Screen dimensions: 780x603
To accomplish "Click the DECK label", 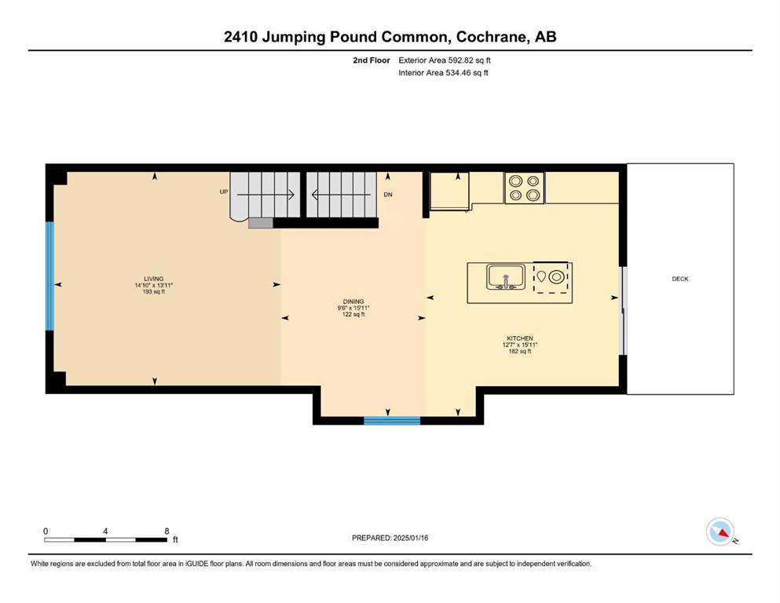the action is (x=680, y=279).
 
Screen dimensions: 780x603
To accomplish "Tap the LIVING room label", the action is (x=154, y=279).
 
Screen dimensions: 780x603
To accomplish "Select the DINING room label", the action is (x=353, y=301).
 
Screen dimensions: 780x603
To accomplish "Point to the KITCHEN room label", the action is (x=520, y=338).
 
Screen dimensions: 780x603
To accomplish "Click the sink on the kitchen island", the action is (x=506, y=277).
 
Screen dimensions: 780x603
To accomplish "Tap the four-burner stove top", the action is (x=525, y=188).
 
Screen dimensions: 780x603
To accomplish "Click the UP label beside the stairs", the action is (x=224, y=192).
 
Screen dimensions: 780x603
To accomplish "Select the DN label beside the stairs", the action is (x=388, y=195).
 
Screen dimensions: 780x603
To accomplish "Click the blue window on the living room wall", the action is (x=49, y=276).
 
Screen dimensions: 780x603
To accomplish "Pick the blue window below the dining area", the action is (x=392, y=421).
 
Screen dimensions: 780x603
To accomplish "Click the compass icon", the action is (x=720, y=532).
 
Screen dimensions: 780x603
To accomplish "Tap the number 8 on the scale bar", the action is (x=167, y=531).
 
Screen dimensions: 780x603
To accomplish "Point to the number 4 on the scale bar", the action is (x=105, y=531).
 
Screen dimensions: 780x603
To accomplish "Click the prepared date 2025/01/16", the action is (x=411, y=538).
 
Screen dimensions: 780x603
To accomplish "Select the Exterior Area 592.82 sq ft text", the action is (x=445, y=60).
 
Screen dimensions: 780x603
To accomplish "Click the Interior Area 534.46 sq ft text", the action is (x=443, y=72).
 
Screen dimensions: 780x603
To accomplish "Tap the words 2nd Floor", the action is (x=372, y=60).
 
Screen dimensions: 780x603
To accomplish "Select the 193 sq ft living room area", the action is (x=154, y=292).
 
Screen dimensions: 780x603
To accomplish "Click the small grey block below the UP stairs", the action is (x=261, y=223).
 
